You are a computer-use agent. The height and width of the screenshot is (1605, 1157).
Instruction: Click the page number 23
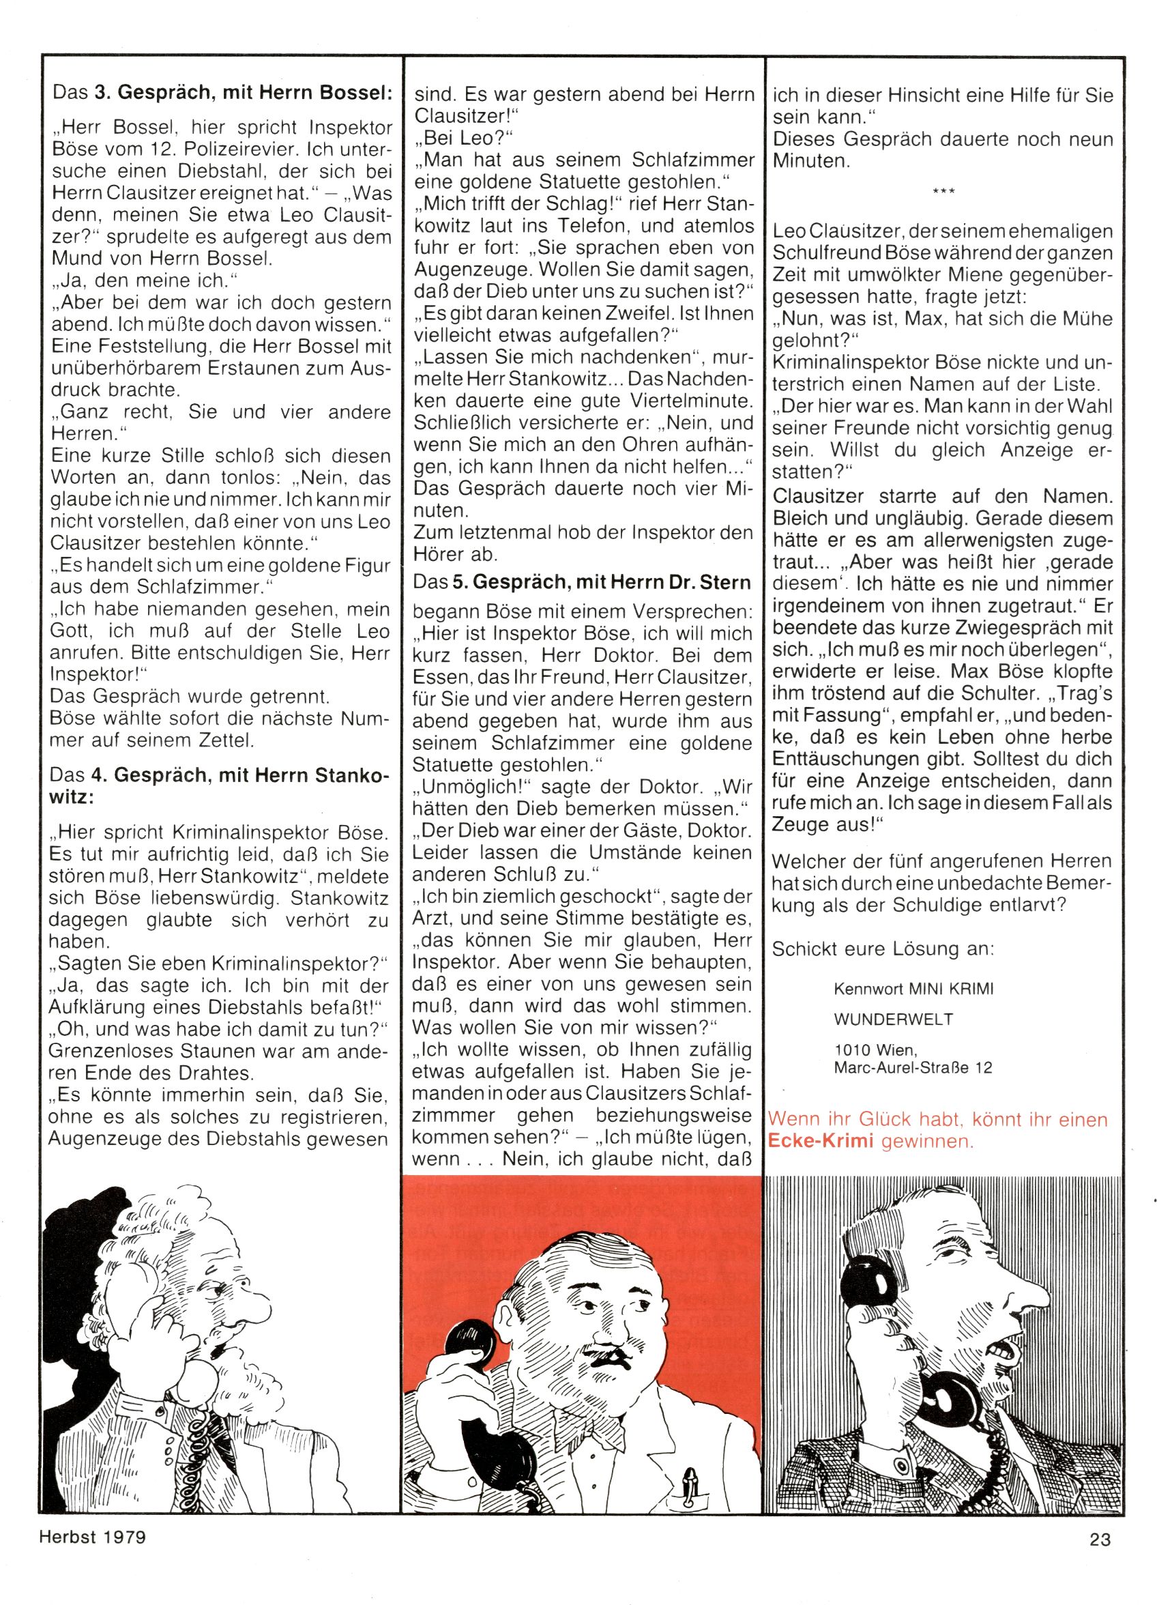1101,1574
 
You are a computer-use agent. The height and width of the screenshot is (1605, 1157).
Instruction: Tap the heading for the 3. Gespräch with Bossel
222,93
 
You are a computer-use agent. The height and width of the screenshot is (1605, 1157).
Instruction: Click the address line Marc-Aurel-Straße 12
913,1067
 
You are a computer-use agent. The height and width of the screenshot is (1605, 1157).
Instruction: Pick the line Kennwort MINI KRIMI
913,989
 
